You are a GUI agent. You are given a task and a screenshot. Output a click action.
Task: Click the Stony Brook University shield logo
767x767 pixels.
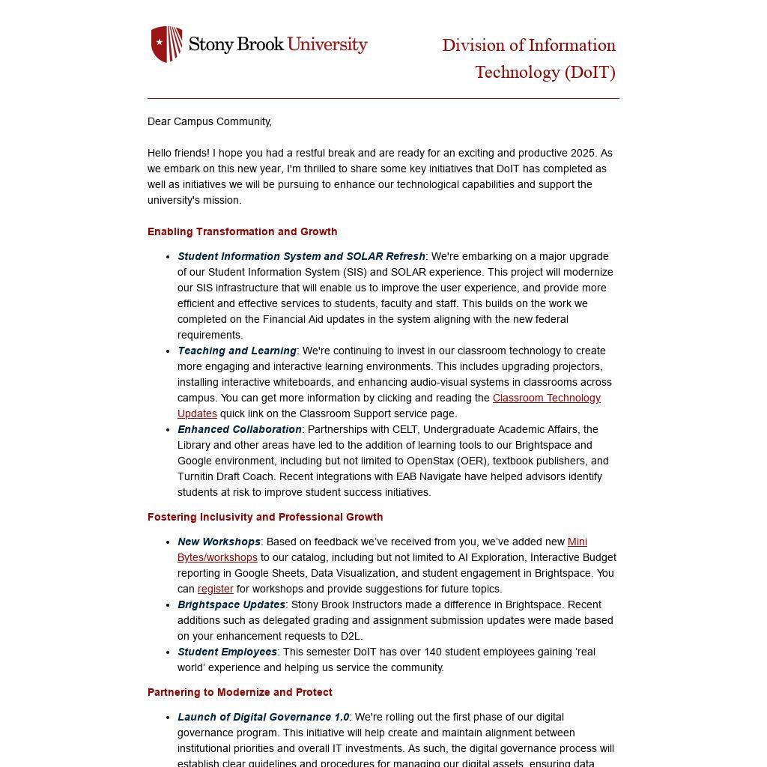click(x=166, y=44)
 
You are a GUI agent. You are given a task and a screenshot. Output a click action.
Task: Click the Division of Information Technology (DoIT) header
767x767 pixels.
click(x=529, y=58)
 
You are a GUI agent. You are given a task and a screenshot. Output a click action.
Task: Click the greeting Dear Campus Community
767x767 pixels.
click(x=209, y=121)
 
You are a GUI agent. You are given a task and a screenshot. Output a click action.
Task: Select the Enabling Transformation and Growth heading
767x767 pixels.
click(x=242, y=231)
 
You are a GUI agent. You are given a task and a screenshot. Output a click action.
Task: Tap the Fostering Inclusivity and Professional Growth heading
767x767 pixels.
click(x=265, y=517)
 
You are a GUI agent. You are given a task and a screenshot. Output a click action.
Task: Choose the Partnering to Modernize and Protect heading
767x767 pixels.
click(x=240, y=692)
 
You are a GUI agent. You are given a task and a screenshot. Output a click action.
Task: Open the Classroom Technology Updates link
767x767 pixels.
click(x=546, y=398)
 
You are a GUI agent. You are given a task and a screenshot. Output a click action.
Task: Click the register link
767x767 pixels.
click(x=215, y=589)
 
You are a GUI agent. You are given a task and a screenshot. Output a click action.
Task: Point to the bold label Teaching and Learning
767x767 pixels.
click(x=237, y=351)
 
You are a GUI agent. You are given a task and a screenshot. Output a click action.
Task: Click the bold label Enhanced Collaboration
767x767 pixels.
click(x=240, y=429)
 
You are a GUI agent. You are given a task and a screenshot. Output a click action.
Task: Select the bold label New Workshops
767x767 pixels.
click(x=219, y=542)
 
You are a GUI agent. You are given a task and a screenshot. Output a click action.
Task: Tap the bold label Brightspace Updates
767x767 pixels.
click(x=231, y=604)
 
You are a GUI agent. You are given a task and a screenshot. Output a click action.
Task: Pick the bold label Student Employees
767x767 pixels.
click(x=227, y=652)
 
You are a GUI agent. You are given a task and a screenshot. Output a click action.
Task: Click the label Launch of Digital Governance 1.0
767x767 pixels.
click(x=263, y=717)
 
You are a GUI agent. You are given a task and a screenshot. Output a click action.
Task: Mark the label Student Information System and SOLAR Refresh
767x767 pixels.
click(x=301, y=256)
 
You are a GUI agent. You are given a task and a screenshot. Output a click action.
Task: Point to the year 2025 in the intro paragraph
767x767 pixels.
click(x=582, y=153)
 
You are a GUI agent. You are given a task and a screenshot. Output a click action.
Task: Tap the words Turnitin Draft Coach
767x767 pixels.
click(x=228, y=476)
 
